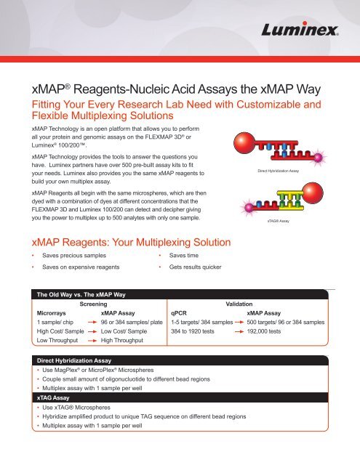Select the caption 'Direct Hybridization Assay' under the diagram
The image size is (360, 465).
[x=273, y=171]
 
